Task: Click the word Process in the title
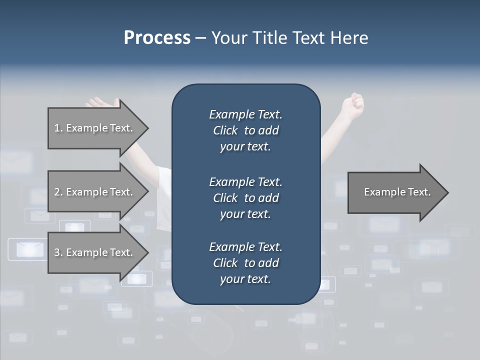tap(157, 38)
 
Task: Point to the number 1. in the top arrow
tap(58, 128)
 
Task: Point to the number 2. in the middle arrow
tap(58, 192)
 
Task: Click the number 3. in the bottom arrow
tap(58, 252)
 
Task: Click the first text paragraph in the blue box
tap(245, 130)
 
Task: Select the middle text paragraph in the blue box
tap(245, 197)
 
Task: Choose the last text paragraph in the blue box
tap(245, 263)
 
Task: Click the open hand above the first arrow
tap(102, 103)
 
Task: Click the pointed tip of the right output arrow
tap(446, 192)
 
